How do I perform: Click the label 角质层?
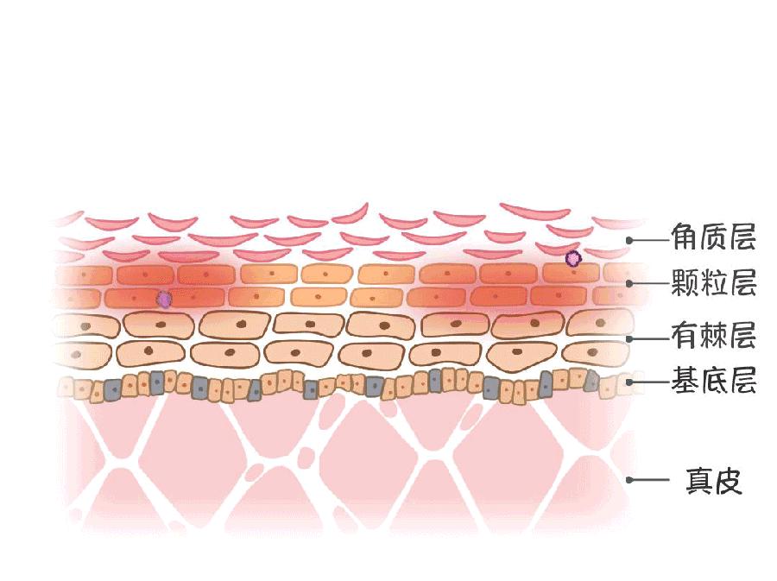tap(714, 237)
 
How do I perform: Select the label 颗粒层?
tap(714, 282)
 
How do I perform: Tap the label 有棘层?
tap(714, 335)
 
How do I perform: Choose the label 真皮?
tap(714, 481)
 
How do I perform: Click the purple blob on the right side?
tap(573, 258)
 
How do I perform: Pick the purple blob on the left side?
tap(164, 300)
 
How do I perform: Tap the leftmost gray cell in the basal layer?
tap(113, 390)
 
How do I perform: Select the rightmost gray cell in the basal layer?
tap(591, 381)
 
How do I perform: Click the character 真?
tap(699, 481)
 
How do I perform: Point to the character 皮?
tap(729, 481)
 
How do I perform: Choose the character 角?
tap(685, 237)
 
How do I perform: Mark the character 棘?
tap(714, 335)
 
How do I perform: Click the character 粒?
tap(714, 282)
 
